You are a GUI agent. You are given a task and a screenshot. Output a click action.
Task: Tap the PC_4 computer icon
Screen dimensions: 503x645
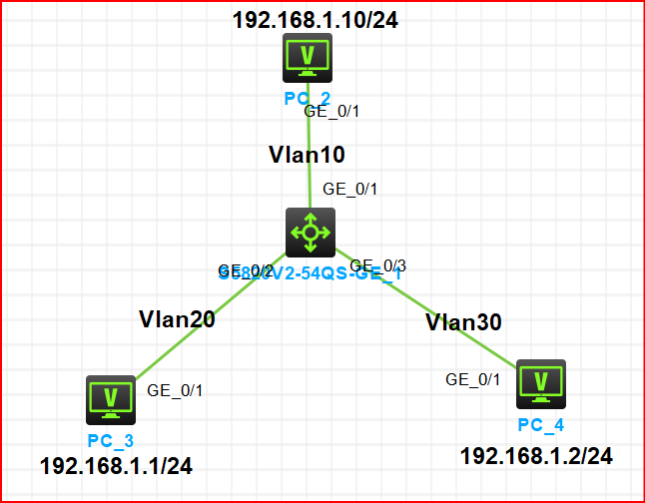coord(541,384)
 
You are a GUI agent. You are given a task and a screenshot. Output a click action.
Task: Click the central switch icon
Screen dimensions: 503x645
coord(310,233)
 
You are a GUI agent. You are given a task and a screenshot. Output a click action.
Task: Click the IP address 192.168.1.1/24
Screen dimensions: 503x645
coord(116,465)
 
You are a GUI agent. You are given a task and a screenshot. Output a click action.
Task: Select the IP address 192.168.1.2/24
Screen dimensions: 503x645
coord(536,456)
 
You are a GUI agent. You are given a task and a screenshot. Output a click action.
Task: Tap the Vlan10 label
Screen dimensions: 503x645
coord(307,155)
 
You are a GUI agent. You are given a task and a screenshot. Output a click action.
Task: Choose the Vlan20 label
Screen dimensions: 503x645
coord(177,319)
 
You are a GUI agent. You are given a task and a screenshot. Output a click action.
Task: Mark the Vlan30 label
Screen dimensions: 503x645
coord(463,322)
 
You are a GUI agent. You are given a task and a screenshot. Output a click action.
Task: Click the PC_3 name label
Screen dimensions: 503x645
coord(110,439)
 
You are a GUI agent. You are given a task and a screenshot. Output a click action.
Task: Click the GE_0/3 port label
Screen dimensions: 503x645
coord(384,265)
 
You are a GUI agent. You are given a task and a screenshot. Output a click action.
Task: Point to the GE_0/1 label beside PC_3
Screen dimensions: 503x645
coord(175,390)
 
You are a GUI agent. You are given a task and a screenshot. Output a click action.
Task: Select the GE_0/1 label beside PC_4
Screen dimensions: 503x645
coord(472,379)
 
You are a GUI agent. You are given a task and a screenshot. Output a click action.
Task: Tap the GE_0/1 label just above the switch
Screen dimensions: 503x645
coord(349,189)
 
